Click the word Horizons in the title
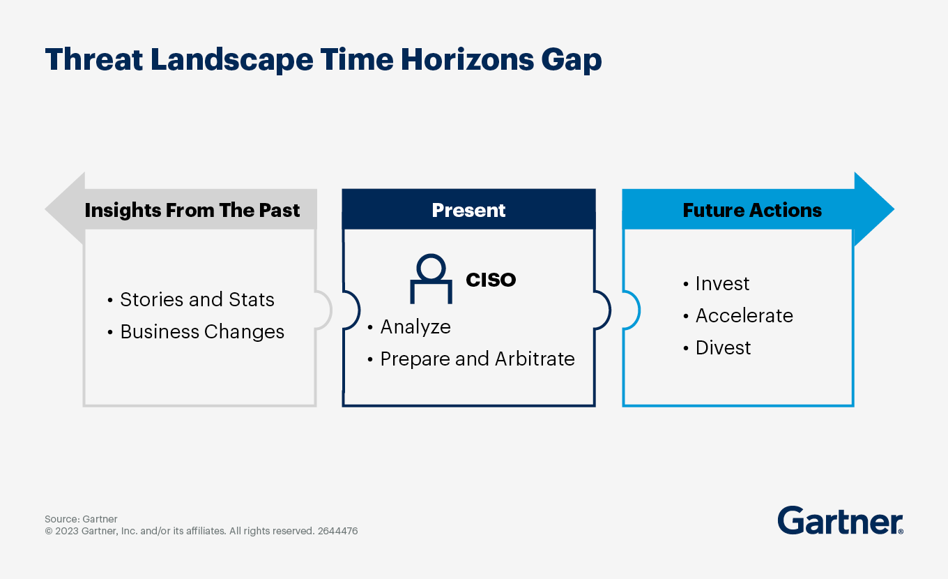(467, 59)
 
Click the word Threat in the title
(94, 59)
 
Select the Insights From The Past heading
(192, 210)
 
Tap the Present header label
(468, 210)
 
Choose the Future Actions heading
(752, 210)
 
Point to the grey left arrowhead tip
(46, 209)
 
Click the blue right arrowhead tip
(894, 209)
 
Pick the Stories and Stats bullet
(191, 299)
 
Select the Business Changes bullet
(196, 331)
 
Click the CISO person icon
(431, 279)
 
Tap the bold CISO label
(491, 280)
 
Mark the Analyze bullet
(409, 326)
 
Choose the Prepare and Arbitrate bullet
(471, 359)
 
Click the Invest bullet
(716, 283)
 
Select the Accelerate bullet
(738, 315)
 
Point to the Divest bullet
(717, 347)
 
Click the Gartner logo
(841, 520)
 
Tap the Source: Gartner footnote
(82, 519)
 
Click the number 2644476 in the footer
(337, 531)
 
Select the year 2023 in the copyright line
(67, 531)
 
